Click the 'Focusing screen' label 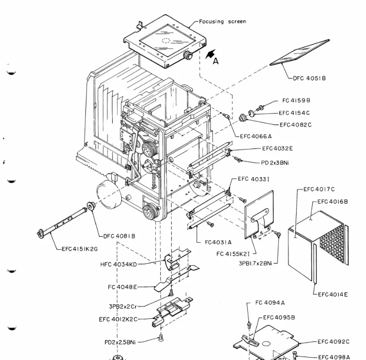222,21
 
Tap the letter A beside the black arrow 216,61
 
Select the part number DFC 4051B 309,78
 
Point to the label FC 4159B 296,100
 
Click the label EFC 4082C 295,125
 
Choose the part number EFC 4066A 256,136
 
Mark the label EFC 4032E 278,148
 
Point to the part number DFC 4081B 119,236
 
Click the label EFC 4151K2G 80,249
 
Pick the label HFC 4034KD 119,264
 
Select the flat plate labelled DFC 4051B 299,53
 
